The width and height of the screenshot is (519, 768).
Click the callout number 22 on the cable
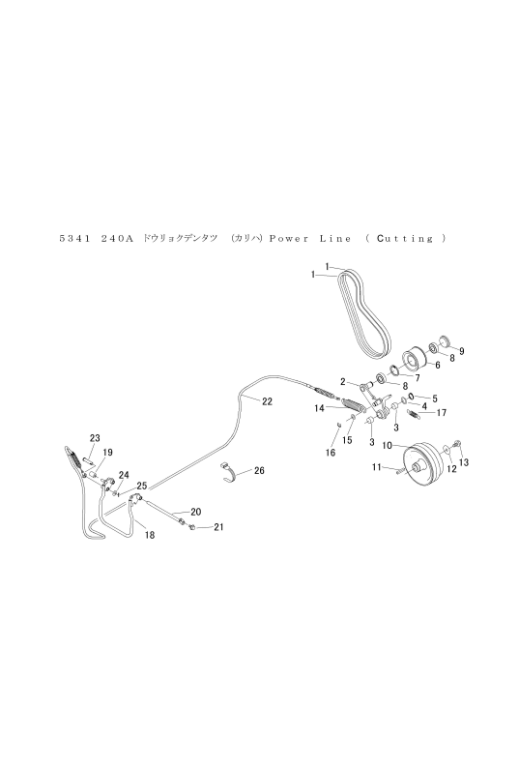(x=267, y=401)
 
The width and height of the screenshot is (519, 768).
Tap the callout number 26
(x=259, y=470)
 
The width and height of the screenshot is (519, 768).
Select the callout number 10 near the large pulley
(x=387, y=445)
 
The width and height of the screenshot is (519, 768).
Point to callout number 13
(x=464, y=462)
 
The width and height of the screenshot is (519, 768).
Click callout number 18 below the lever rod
(x=150, y=535)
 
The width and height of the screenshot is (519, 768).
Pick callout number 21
(x=218, y=527)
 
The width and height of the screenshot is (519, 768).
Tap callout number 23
(x=95, y=438)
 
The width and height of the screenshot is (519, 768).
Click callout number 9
(x=461, y=351)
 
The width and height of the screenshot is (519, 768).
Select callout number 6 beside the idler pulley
(x=437, y=365)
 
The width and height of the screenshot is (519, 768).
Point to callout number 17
(x=441, y=413)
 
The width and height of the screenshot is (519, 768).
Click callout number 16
(x=331, y=453)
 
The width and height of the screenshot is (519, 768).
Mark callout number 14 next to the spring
(x=320, y=407)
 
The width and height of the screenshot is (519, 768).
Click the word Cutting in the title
(x=404, y=239)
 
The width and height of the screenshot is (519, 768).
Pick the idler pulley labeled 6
(x=415, y=359)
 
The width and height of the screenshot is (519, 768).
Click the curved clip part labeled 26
(x=228, y=471)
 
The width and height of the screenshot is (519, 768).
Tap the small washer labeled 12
(x=447, y=450)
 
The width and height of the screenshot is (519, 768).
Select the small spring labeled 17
(x=413, y=415)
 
